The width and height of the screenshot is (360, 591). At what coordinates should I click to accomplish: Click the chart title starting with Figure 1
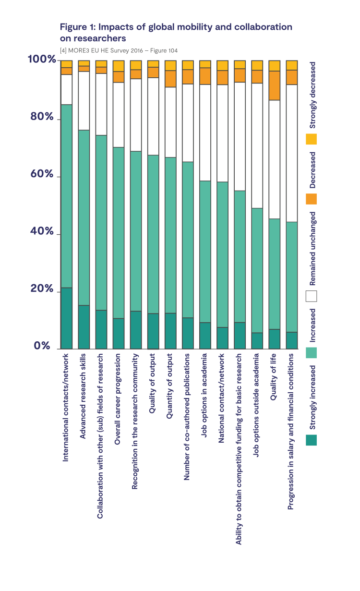[176, 32]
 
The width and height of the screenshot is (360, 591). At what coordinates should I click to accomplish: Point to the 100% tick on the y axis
[42, 60]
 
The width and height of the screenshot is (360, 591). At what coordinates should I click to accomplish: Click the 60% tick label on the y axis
[42, 174]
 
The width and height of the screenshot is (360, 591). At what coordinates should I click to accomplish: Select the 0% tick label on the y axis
[42, 346]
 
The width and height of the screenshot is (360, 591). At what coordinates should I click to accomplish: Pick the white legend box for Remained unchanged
[312, 296]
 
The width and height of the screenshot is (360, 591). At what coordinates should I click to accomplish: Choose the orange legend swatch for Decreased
[312, 199]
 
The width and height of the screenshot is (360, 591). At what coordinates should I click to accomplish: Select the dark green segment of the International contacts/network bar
[67, 318]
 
